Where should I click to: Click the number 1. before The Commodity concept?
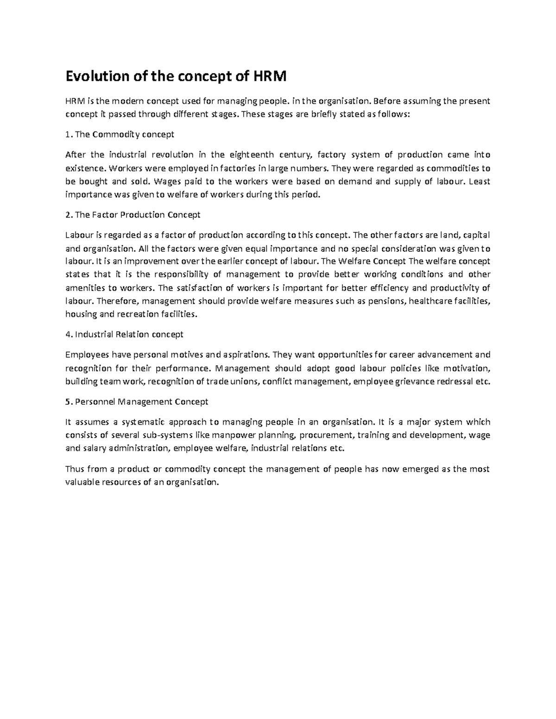click(69, 134)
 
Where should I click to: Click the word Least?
click(479, 181)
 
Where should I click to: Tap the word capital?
click(476, 235)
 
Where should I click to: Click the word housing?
click(81, 314)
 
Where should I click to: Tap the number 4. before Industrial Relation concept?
click(69, 334)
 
